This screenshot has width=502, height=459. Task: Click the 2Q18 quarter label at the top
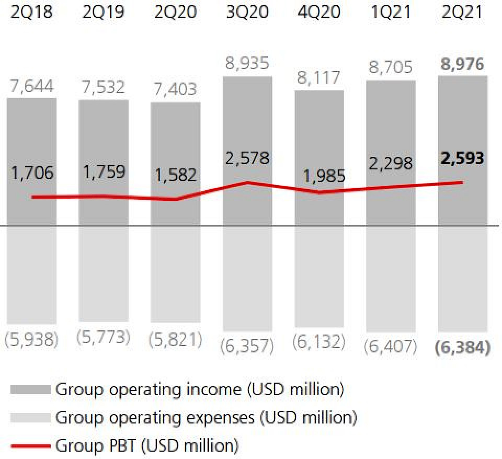pos(31,12)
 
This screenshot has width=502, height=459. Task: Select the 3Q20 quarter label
pos(247,12)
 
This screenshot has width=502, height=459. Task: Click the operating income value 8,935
pos(247,64)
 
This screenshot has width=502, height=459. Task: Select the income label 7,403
pos(175,89)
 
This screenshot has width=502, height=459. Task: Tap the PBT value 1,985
pos(320,176)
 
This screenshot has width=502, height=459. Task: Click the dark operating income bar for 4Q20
pos(320,131)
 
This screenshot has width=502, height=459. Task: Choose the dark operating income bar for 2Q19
pos(103,136)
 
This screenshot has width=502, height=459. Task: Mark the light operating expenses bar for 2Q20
pos(175,274)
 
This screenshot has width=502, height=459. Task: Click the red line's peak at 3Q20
pos(247,182)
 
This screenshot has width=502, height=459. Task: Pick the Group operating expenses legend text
pos(206,418)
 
